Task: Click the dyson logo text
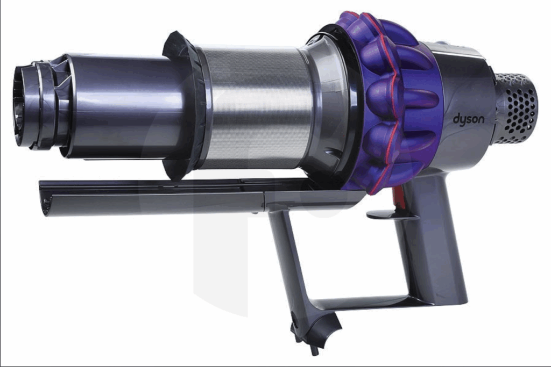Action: tap(468, 120)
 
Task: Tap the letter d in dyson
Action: tap(456, 119)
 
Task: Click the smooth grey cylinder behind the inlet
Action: tap(126, 105)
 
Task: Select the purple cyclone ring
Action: tap(393, 102)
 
